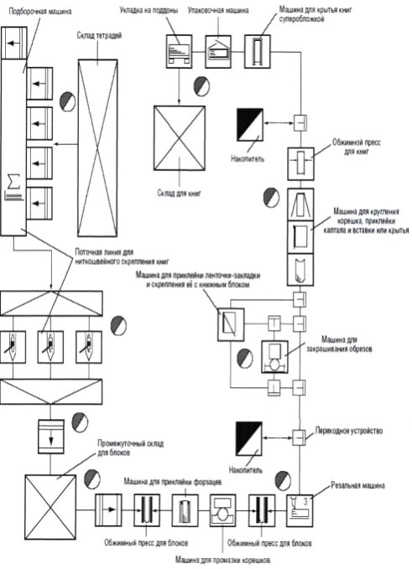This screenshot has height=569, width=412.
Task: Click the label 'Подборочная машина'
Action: (x=40, y=11)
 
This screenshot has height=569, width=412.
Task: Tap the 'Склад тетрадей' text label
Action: (x=99, y=35)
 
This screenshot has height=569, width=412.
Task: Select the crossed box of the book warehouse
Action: (x=179, y=138)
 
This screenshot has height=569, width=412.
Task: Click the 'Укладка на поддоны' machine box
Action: (x=179, y=51)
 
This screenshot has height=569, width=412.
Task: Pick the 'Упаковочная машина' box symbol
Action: (x=218, y=51)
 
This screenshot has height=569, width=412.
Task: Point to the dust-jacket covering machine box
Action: (x=258, y=51)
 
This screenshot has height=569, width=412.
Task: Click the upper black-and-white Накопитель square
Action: (x=249, y=125)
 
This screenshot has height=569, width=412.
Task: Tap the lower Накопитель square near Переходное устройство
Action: (x=249, y=438)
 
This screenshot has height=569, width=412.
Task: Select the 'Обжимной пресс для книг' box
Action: (x=300, y=163)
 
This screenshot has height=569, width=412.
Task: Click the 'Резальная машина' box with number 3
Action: (x=300, y=510)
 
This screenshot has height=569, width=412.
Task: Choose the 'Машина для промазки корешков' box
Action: (x=222, y=510)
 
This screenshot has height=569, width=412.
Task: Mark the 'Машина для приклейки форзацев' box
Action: (x=185, y=510)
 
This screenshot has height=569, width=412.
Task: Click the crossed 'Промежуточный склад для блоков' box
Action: (x=50, y=507)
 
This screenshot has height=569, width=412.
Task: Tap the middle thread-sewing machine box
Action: (x=50, y=347)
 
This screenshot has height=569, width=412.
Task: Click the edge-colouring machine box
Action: (x=274, y=357)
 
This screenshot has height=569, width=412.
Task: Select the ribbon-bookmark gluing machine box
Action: (x=231, y=324)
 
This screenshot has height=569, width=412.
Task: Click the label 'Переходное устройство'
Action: (x=349, y=431)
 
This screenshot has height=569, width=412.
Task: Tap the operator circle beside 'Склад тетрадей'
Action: (x=67, y=101)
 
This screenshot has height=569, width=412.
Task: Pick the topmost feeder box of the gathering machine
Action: (x=13, y=43)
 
